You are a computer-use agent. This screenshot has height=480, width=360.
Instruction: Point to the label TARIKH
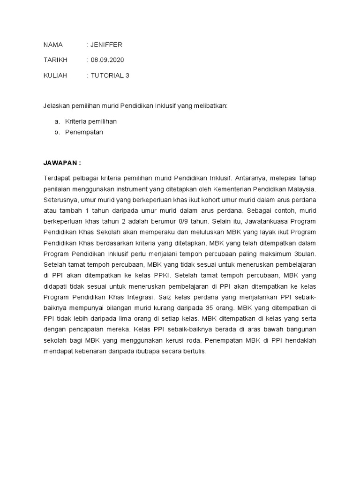pos(55,60)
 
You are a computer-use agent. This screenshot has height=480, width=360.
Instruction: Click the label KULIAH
pos(55,75)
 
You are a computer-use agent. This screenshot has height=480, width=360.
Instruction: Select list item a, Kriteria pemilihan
pos(91,121)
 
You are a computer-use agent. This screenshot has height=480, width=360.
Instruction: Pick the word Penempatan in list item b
pos(84,132)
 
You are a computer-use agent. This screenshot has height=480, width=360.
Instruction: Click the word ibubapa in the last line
pos(144,351)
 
